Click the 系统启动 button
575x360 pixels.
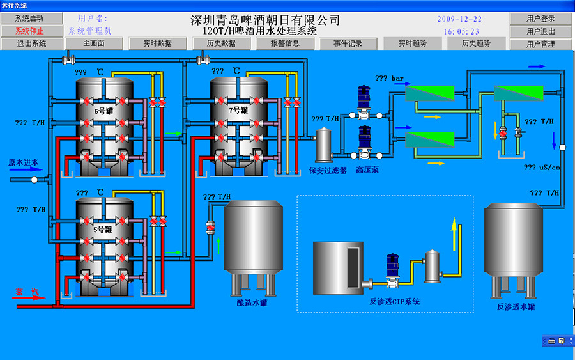(31, 19)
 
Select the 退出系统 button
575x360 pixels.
(31, 43)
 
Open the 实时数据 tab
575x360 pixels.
(157, 43)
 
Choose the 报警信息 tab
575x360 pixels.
(285, 43)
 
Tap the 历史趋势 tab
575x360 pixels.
(477, 43)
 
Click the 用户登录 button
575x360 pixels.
(540, 19)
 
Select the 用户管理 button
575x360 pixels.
(540, 44)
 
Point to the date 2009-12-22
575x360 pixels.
(459, 19)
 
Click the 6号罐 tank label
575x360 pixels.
(103, 111)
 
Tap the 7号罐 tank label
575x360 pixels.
(238, 110)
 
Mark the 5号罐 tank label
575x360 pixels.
(103, 230)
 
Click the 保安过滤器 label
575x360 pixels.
(328, 170)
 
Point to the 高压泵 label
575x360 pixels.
(367, 170)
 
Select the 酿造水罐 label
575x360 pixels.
(252, 302)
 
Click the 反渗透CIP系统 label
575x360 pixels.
(395, 302)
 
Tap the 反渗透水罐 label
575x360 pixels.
(516, 307)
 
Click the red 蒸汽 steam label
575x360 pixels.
(27, 292)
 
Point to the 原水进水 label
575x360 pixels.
(24, 162)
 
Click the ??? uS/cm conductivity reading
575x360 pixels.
(542, 168)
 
